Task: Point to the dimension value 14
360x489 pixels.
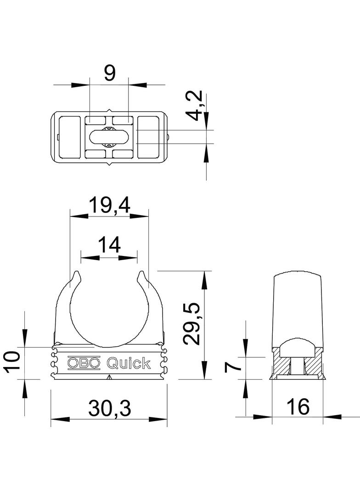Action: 109,245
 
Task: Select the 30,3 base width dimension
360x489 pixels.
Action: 109,408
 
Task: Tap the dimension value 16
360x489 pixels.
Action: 297,406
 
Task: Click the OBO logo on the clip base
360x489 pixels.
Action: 84,363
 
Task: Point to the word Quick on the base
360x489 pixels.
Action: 129,363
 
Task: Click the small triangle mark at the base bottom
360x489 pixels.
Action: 109,378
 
